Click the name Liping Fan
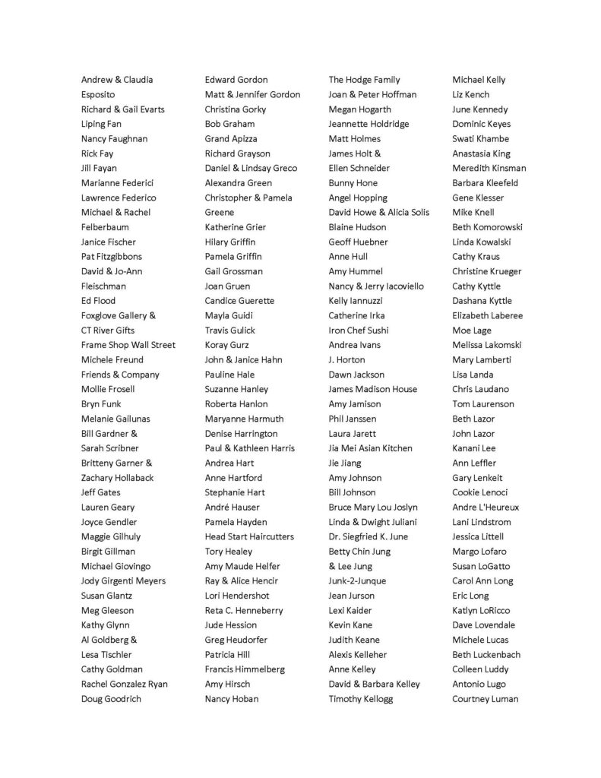click(x=102, y=124)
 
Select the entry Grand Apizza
click(x=231, y=139)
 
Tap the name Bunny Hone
click(x=353, y=183)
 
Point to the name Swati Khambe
click(x=480, y=139)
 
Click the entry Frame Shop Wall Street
click(x=128, y=345)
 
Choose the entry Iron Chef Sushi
click(x=359, y=330)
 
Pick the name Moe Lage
click(x=472, y=330)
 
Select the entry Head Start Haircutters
click(x=249, y=536)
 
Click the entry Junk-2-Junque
click(x=357, y=581)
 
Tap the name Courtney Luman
click(x=486, y=699)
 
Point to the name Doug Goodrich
click(x=111, y=699)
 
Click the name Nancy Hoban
click(x=232, y=699)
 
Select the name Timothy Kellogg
click(x=361, y=699)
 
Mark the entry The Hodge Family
click(x=364, y=80)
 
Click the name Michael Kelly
click(x=479, y=80)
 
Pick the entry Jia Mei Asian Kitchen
click(x=370, y=448)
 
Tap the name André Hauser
click(x=232, y=508)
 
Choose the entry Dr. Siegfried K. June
click(x=368, y=536)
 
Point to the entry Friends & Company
click(x=120, y=375)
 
